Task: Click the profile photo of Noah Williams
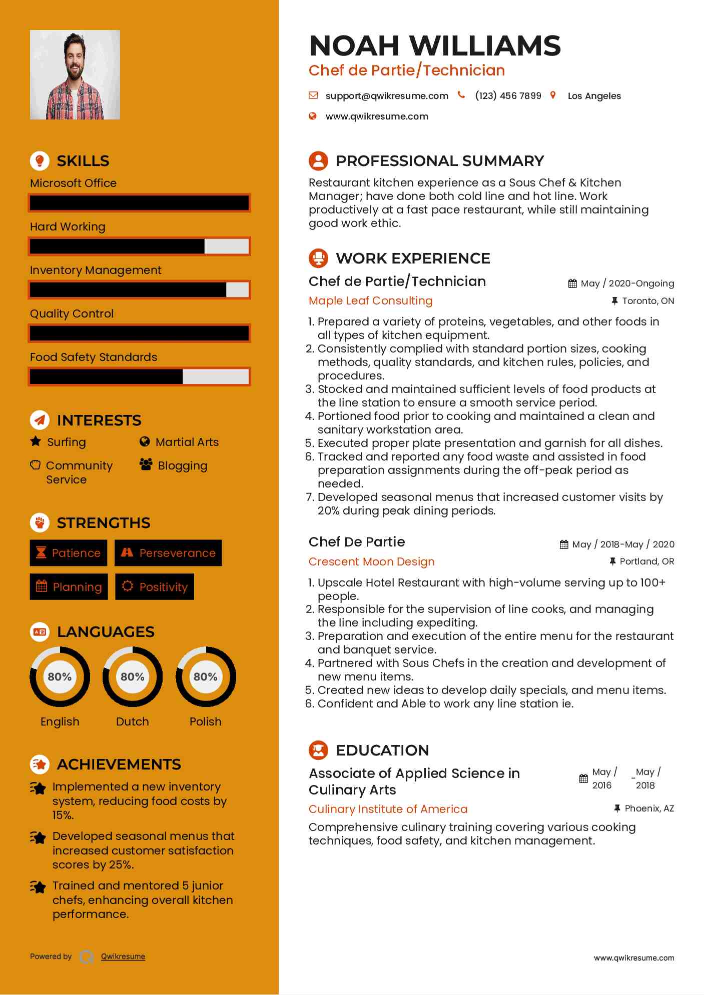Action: coord(75,75)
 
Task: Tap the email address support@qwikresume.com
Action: coord(386,96)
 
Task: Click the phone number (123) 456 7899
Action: coord(508,96)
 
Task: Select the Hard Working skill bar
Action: coord(139,246)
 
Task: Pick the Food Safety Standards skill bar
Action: coord(139,377)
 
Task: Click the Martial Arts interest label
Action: coord(187,442)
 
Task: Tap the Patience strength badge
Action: coord(69,553)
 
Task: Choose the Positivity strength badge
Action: coord(155,587)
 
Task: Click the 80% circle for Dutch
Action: coord(133,677)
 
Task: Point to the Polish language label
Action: coord(205,722)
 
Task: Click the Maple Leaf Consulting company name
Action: coord(370,301)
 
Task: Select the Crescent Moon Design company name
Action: coord(371,562)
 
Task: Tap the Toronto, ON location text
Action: coord(647,301)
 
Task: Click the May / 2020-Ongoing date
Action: coord(627,284)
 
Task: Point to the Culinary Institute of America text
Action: coord(388,809)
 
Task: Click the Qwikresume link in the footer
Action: coord(123,957)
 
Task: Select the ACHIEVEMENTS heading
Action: coord(119,764)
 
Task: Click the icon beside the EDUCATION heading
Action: coord(318,750)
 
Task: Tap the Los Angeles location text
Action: coord(594,96)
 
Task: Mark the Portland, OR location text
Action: coord(646,562)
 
